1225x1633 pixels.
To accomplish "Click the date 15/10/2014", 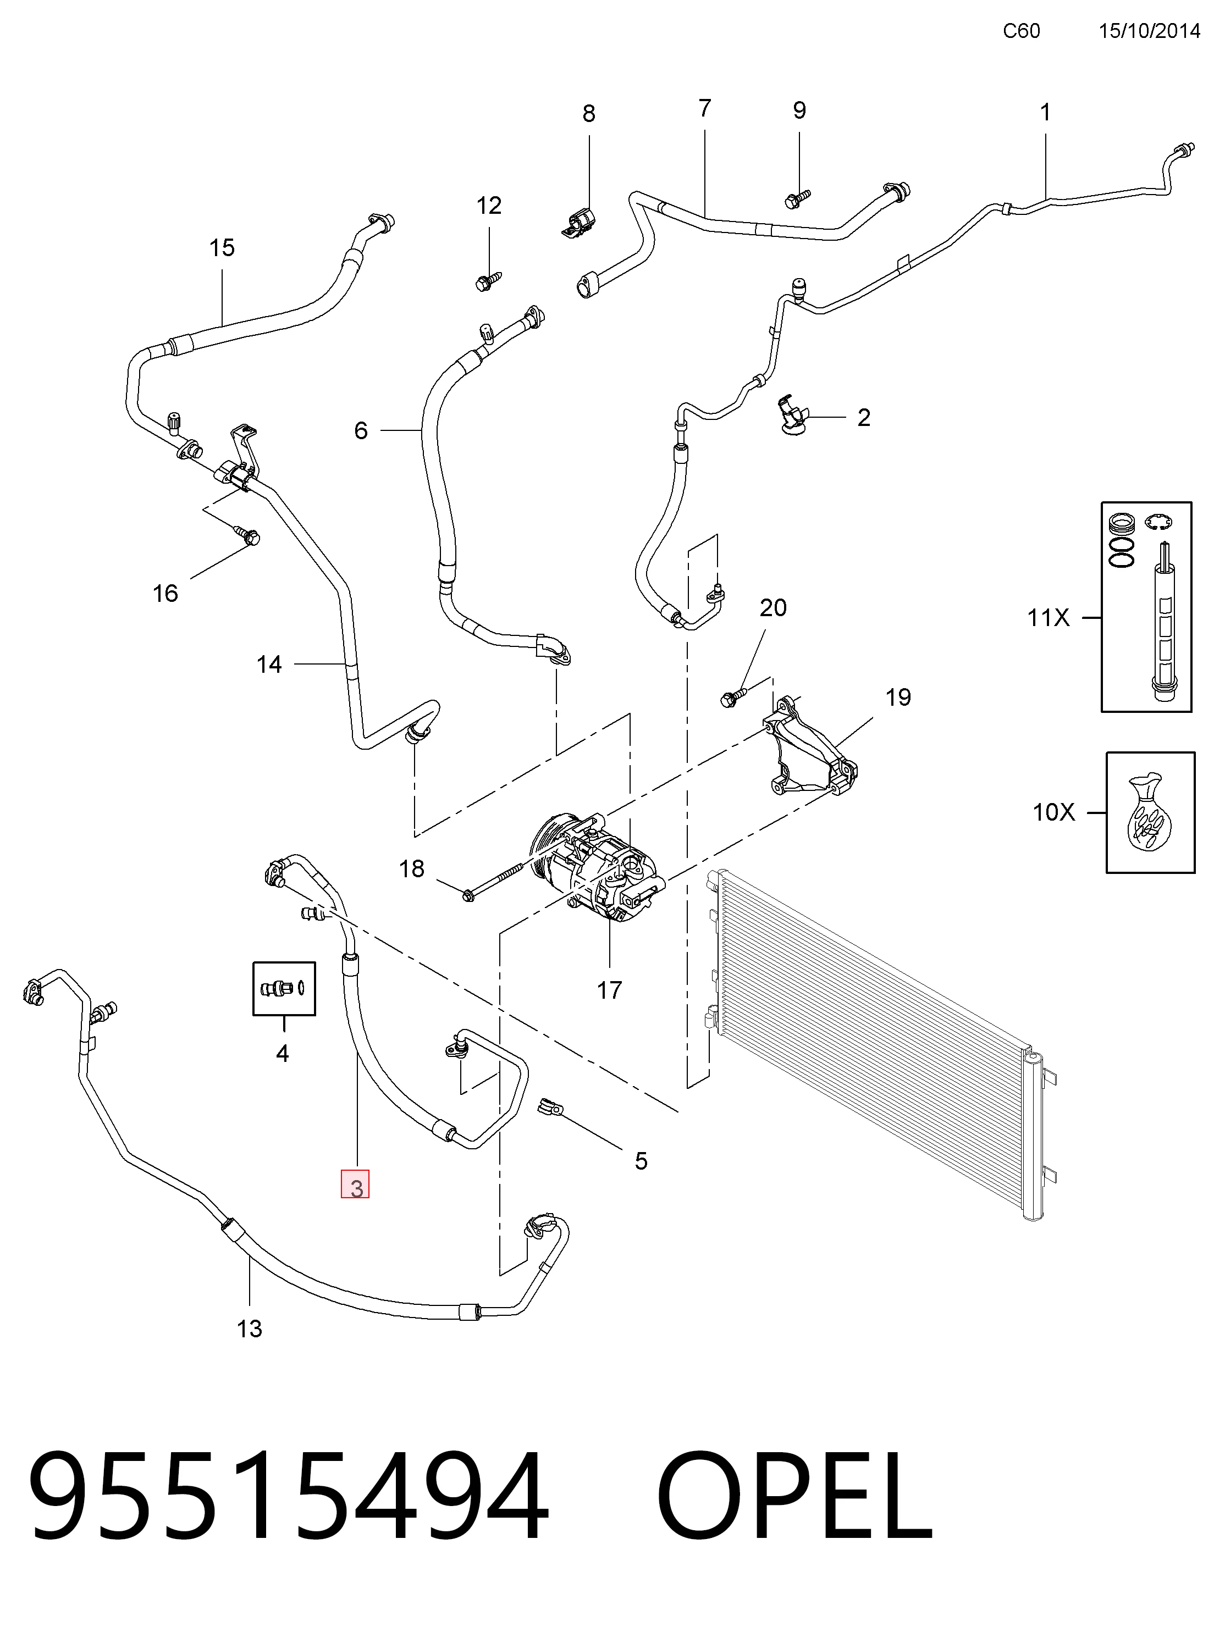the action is [x=1149, y=30].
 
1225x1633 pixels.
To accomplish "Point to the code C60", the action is [x=1021, y=30].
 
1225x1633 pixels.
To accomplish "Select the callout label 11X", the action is [x=1049, y=617].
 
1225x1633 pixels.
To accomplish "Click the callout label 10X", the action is [x=1053, y=812].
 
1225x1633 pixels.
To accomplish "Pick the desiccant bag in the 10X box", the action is [x=1149, y=813].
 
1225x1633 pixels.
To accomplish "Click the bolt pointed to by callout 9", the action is [x=797, y=198].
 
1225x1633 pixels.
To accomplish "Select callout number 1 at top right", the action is [x=1045, y=112].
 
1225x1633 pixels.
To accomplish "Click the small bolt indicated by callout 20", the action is [x=733, y=697].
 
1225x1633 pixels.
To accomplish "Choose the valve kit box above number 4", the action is [x=284, y=988].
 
